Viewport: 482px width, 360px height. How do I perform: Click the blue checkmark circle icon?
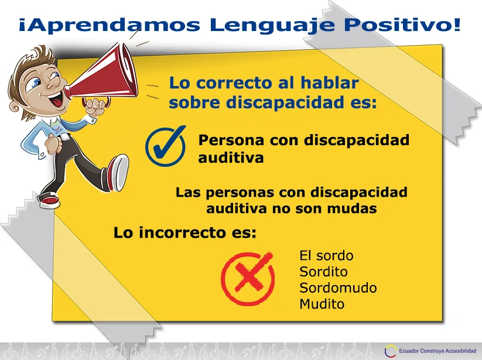[x=165, y=146]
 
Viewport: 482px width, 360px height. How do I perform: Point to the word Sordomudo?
[x=338, y=288]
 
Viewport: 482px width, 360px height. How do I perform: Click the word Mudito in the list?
[x=322, y=304]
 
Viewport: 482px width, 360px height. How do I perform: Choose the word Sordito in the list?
[x=323, y=272]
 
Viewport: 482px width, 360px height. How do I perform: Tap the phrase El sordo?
[x=326, y=256]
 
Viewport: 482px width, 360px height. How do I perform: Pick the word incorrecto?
[x=182, y=232]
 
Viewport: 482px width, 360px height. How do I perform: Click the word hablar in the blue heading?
[x=330, y=83]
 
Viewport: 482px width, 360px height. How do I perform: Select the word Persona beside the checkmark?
[x=231, y=140]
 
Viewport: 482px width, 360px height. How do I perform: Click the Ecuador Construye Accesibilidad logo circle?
[x=390, y=351]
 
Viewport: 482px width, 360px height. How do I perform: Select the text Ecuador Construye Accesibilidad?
[x=437, y=351]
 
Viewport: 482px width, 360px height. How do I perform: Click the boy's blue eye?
[x=36, y=82]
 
